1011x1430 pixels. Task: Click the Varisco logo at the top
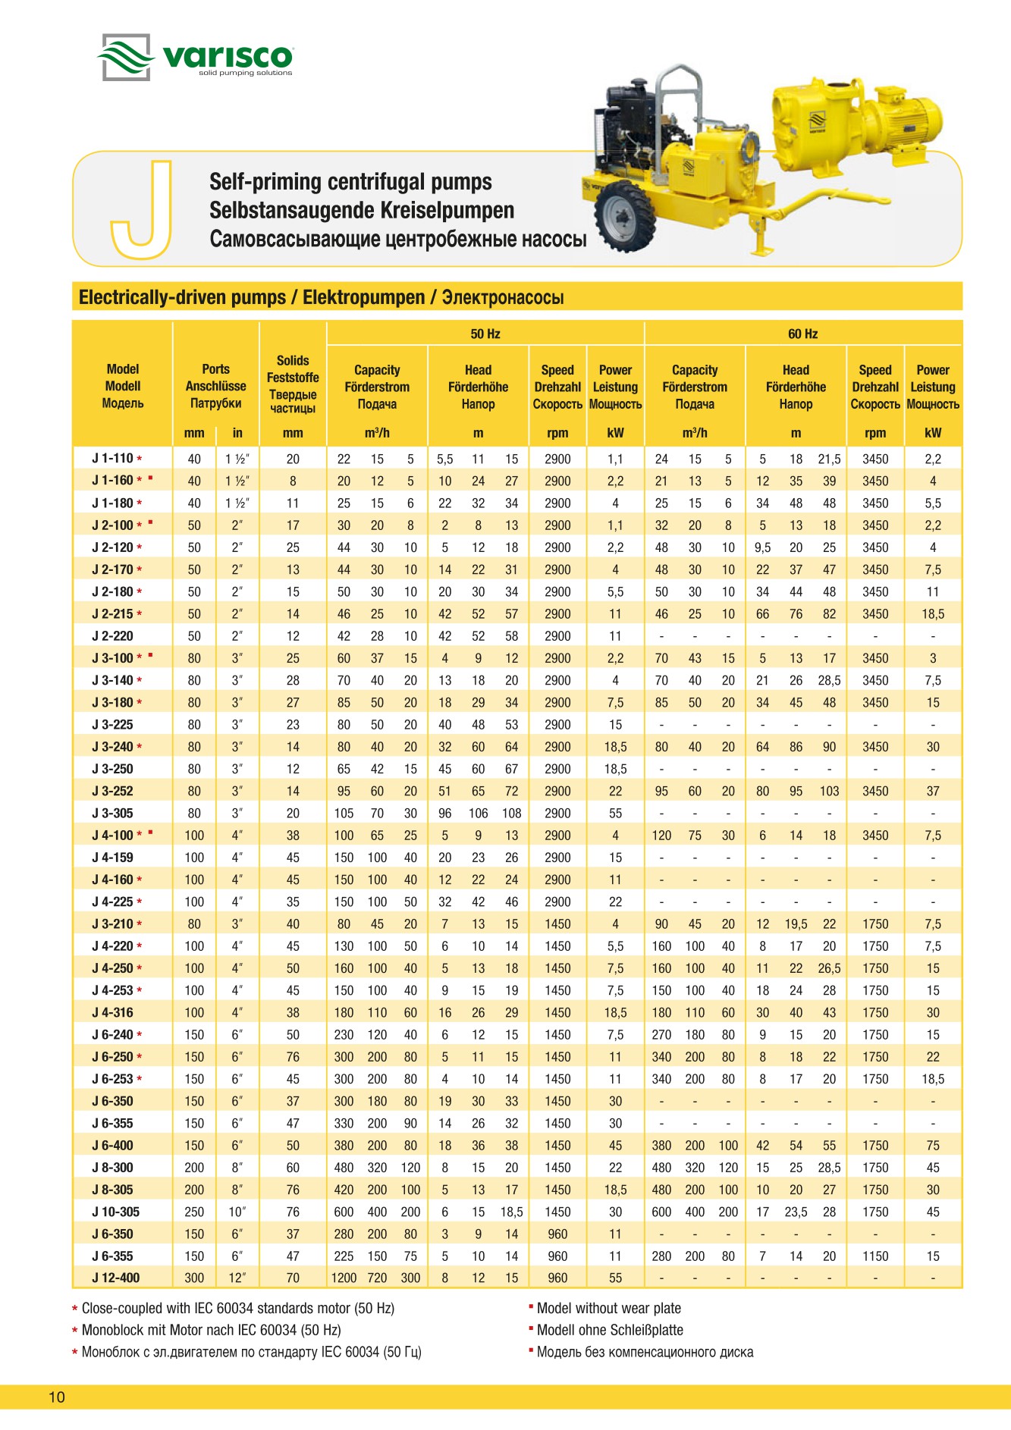(x=196, y=57)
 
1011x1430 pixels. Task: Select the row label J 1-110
(x=112, y=459)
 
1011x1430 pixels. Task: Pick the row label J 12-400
(x=115, y=1278)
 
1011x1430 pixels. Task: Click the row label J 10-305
(x=115, y=1212)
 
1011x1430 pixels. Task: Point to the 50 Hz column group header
(x=485, y=334)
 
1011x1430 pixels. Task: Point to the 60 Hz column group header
(x=802, y=334)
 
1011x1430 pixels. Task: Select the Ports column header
(x=215, y=386)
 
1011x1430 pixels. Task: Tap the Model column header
(x=123, y=386)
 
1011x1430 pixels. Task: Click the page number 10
(x=57, y=1397)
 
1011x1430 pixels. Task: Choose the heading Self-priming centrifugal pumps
(x=350, y=182)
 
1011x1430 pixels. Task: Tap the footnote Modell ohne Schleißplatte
(x=610, y=1330)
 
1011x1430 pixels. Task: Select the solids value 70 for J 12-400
(x=293, y=1278)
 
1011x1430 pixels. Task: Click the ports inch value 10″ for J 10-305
(x=237, y=1212)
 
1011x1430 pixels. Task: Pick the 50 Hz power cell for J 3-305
(x=615, y=813)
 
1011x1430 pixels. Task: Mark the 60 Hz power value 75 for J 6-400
(x=933, y=1145)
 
